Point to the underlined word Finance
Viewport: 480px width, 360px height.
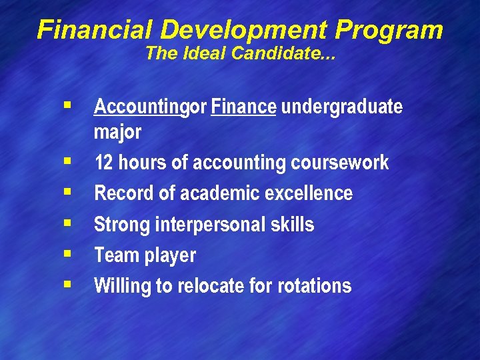[243, 107]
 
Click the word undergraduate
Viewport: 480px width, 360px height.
[342, 107]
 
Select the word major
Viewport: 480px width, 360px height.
[117, 133]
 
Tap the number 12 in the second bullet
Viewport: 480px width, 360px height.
[103, 163]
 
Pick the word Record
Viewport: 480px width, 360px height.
[120, 193]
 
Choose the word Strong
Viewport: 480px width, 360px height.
[122, 225]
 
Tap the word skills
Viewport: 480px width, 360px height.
[294, 225]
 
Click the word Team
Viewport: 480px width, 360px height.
[115, 255]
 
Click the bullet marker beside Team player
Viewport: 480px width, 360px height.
[67, 254]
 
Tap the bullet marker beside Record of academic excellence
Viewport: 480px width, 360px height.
[67, 192]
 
